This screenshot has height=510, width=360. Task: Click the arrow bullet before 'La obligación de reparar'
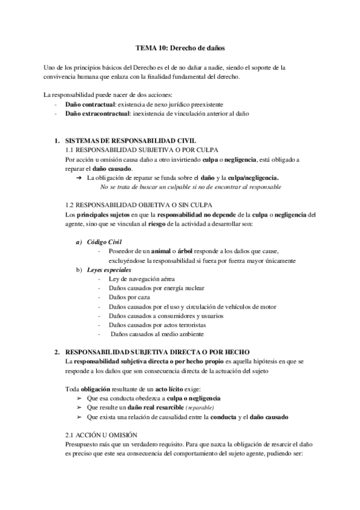pos(79,178)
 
